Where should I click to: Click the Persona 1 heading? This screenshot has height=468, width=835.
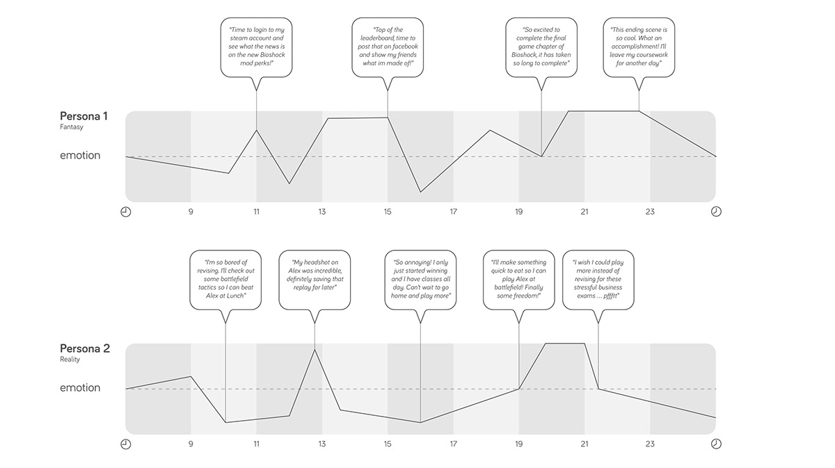(83, 116)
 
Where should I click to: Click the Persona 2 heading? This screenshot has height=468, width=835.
(84, 348)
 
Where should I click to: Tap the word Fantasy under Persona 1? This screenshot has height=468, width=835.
(71, 128)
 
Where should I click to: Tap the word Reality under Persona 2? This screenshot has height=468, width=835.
(70, 360)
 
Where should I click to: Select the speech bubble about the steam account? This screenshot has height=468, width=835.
(257, 47)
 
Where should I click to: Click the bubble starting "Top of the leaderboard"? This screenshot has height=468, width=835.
(388, 47)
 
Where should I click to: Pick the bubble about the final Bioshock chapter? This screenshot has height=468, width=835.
(541, 47)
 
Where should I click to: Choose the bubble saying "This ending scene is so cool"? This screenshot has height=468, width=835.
(638, 47)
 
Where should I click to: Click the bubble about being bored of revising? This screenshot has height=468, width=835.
(225, 280)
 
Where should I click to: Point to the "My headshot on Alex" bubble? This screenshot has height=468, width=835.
(314, 280)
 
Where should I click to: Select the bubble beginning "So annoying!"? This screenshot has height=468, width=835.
(420, 280)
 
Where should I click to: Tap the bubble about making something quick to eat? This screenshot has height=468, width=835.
(518, 280)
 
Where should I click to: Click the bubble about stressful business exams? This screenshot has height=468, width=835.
(598, 280)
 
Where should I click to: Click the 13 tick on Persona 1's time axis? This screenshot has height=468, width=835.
(321, 211)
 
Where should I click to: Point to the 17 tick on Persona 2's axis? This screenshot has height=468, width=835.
(453, 444)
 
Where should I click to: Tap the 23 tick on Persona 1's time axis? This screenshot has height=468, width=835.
(650, 211)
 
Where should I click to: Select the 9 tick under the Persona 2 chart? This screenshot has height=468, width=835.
(191, 444)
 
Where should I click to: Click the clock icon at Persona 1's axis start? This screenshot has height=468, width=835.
(126, 211)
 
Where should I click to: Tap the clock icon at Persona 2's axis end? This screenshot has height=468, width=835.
(716, 444)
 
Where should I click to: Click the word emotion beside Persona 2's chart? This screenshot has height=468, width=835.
(80, 388)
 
